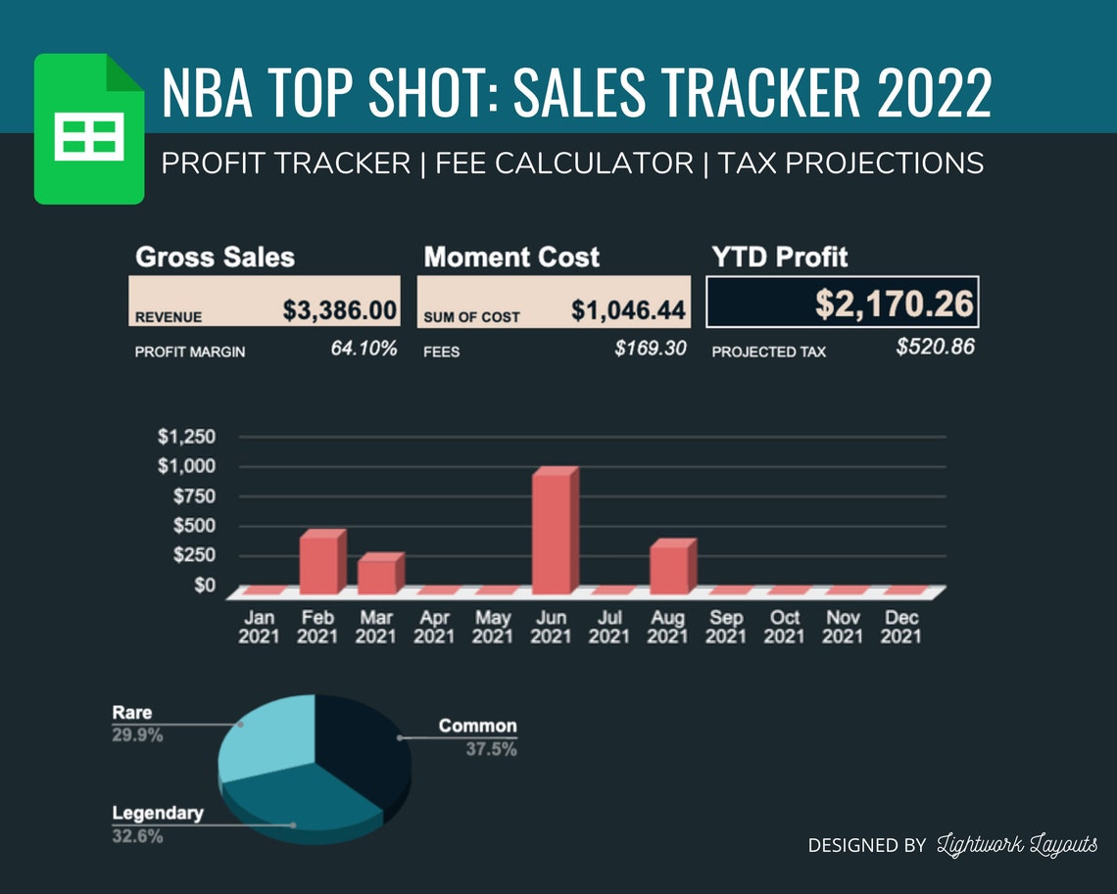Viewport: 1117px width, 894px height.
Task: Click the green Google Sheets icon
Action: (x=89, y=129)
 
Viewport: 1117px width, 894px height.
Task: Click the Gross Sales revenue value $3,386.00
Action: (x=339, y=310)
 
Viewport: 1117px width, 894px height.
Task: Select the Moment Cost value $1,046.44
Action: (x=628, y=310)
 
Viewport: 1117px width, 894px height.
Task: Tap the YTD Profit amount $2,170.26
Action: (x=895, y=304)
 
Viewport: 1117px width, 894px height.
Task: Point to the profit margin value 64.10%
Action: (x=364, y=349)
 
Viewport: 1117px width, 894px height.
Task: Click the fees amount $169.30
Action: (x=650, y=349)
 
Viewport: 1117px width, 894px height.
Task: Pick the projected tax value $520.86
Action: (x=935, y=347)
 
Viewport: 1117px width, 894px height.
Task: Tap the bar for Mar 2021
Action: (x=378, y=575)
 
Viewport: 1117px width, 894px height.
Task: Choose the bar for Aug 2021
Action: (x=670, y=568)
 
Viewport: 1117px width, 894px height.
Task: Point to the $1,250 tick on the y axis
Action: (x=186, y=436)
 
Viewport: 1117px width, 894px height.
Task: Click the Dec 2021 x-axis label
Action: (x=901, y=627)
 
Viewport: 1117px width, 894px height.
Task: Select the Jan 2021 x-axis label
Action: (x=260, y=627)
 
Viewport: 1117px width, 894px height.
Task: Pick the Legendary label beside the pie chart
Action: (x=158, y=813)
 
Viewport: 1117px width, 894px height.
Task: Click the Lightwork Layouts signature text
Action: (x=1017, y=845)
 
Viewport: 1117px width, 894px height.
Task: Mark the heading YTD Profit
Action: (x=780, y=258)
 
